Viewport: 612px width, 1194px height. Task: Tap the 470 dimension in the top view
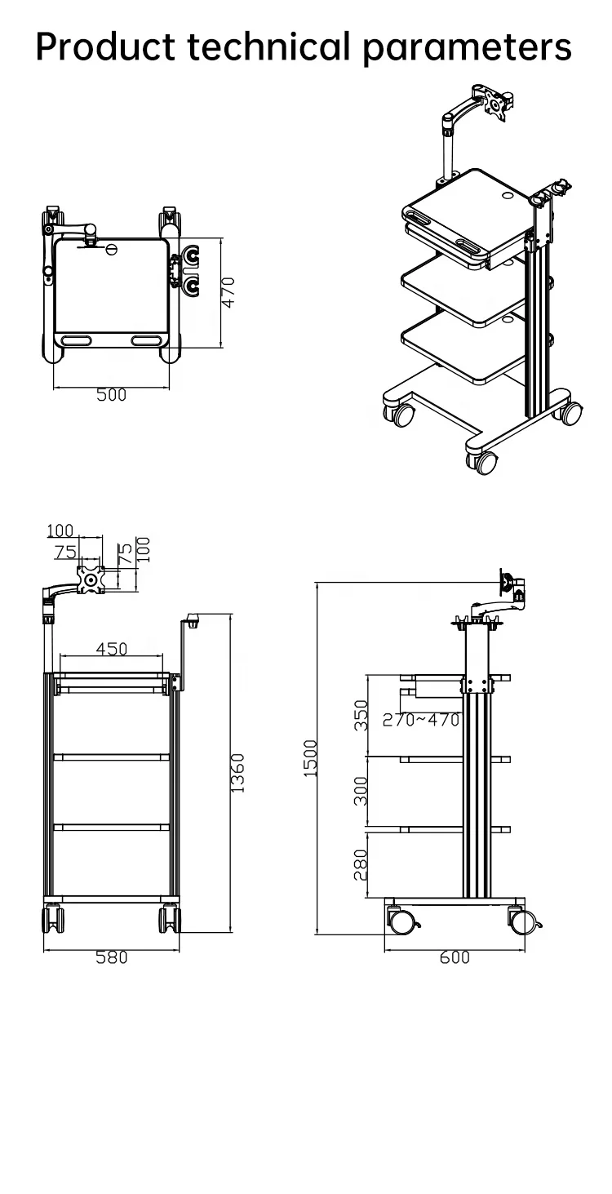[x=229, y=292]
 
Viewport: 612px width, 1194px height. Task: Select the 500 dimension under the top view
[x=112, y=395]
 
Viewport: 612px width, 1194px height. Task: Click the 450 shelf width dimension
[x=112, y=649]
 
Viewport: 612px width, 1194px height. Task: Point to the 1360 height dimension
[x=237, y=773]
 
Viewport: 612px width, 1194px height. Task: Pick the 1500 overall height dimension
[x=310, y=758]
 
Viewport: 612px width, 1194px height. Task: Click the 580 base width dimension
[x=112, y=958]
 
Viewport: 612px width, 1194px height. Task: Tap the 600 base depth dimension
[x=455, y=958]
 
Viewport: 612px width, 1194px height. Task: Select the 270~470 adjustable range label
[x=421, y=720]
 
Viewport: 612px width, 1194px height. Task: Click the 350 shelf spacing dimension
[x=361, y=715]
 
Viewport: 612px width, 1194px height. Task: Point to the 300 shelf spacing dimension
[x=361, y=791]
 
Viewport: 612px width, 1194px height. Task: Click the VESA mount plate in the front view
[x=91, y=580]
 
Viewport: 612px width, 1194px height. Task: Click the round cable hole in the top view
[x=112, y=247]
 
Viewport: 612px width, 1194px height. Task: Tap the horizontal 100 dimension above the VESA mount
[x=60, y=531]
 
